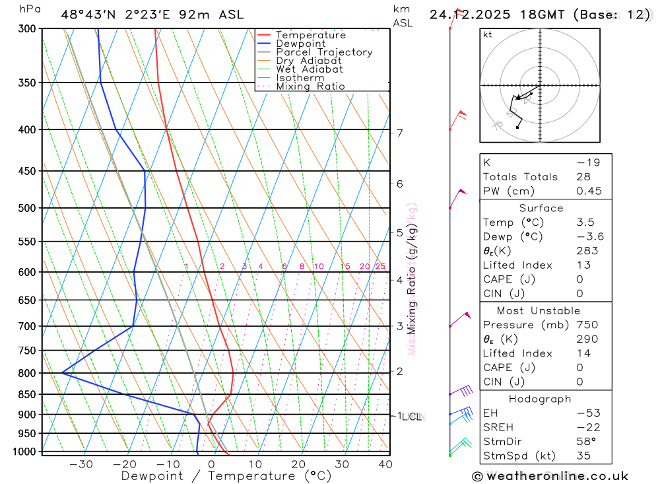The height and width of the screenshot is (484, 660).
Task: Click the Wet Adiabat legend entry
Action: [x=309, y=69]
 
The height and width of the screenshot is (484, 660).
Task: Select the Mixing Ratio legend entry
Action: [x=310, y=86]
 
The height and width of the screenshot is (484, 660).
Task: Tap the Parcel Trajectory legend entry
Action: [x=324, y=52]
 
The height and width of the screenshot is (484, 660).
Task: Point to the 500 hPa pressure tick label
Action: [x=26, y=208]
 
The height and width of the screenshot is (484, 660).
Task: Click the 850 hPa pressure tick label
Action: [x=26, y=395]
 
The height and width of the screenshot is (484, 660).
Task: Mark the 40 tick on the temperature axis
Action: [x=385, y=464]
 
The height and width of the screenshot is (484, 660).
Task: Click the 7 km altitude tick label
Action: [x=399, y=133]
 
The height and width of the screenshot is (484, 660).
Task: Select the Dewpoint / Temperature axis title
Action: [x=226, y=476]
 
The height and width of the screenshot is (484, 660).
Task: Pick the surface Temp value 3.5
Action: [x=585, y=223]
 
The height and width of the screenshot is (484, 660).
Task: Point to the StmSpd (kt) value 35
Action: [x=583, y=456]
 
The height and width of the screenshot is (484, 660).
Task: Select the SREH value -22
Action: [x=585, y=427]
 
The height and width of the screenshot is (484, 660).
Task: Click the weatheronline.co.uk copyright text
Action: [x=550, y=476]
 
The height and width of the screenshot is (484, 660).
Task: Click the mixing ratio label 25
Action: [x=380, y=267]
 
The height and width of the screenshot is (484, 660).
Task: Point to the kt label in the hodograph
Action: [x=488, y=35]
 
